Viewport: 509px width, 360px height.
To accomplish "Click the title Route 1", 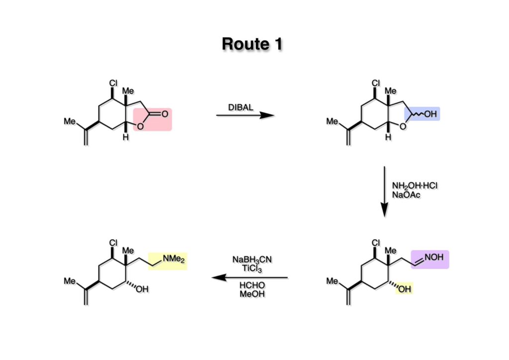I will click(252, 44).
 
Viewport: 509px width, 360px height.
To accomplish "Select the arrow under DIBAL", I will click(245, 115).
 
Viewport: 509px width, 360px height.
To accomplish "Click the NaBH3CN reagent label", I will click(252, 260).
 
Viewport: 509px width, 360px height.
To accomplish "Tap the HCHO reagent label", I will click(252, 285).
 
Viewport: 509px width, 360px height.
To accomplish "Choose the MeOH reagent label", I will click(252, 294).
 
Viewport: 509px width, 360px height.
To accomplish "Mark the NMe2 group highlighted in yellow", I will click(173, 259).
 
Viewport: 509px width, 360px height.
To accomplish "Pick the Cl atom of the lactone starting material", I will click(113, 83).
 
